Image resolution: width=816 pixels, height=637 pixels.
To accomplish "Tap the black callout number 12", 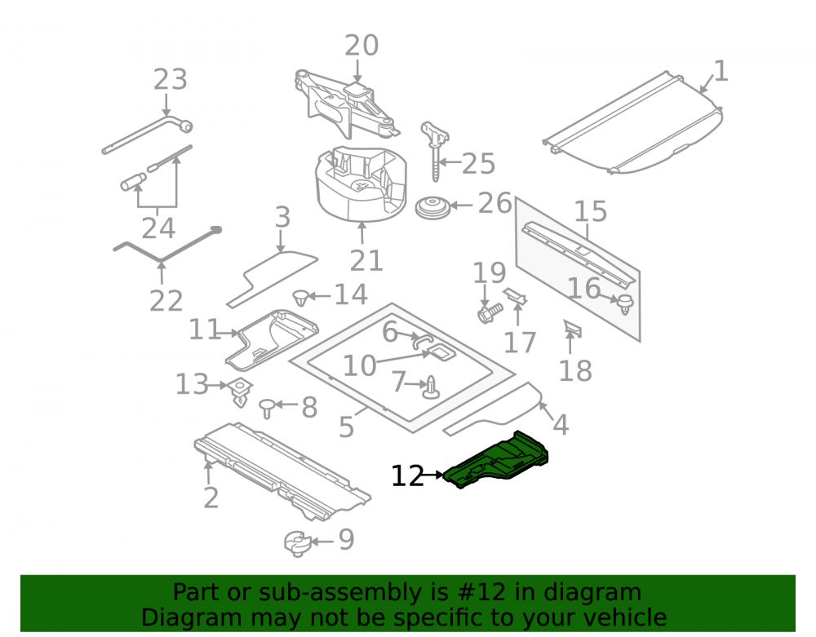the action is pyautogui.click(x=407, y=476).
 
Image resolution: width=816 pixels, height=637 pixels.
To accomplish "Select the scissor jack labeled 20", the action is pyautogui.click(x=345, y=104).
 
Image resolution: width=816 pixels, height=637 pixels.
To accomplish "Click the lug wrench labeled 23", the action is pyautogui.click(x=147, y=135).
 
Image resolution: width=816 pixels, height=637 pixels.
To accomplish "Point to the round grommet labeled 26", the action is pyautogui.click(x=432, y=208).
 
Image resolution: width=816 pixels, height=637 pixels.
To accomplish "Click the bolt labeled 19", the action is pyautogui.click(x=489, y=312).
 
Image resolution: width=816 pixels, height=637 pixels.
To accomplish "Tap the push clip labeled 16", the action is pyautogui.click(x=624, y=303).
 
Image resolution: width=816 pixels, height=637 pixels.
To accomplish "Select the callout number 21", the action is pyautogui.click(x=366, y=260).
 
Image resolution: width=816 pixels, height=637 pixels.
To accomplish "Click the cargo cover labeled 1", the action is pyautogui.click(x=632, y=125).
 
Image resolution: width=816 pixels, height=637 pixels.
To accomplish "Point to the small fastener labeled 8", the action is pyautogui.click(x=267, y=408).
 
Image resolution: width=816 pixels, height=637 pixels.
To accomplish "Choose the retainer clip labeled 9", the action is pyautogui.click(x=298, y=544).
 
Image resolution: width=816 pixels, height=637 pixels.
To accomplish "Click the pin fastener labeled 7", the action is pyautogui.click(x=432, y=388).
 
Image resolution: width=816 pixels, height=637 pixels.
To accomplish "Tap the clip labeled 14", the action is pyautogui.click(x=301, y=299).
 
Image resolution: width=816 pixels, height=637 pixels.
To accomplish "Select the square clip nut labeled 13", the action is pyautogui.click(x=240, y=391).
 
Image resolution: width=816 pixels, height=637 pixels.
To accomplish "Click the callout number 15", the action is pyautogui.click(x=591, y=211).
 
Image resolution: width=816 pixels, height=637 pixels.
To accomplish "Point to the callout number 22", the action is pyautogui.click(x=166, y=301).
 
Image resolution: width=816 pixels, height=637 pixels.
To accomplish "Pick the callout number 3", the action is pyautogui.click(x=282, y=217).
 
